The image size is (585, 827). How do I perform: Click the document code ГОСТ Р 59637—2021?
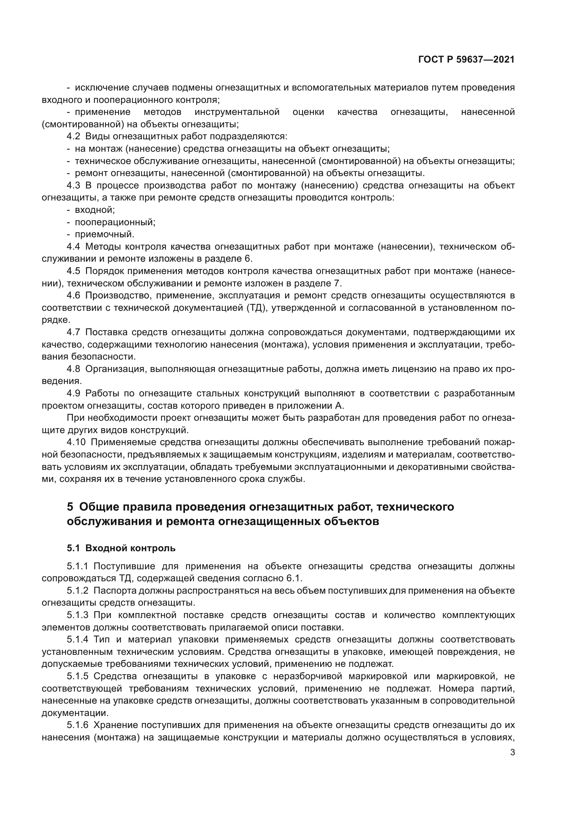pyautogui.click(x=466, y=60)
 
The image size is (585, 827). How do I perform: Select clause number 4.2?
pyautogui.click(x=74, y=136)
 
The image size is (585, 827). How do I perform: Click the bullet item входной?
pyautogui.click(x=95, y=210)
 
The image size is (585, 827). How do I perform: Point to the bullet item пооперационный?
pyautogui.click(x=115, y=222)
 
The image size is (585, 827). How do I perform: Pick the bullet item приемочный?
pyautogui.click(x=104, y=234)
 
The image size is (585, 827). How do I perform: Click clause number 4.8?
pyautogui.click(x=74, y=369)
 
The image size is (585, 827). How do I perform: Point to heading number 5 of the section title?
pyautogui.click(x=70, y=507)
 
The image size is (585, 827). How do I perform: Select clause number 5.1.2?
pyautogui.click(x=77, y=591)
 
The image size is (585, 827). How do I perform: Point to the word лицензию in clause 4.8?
pyautogui.click(x=416, y=369)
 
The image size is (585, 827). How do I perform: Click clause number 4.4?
pyautogui.click(x=74, y=247)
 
